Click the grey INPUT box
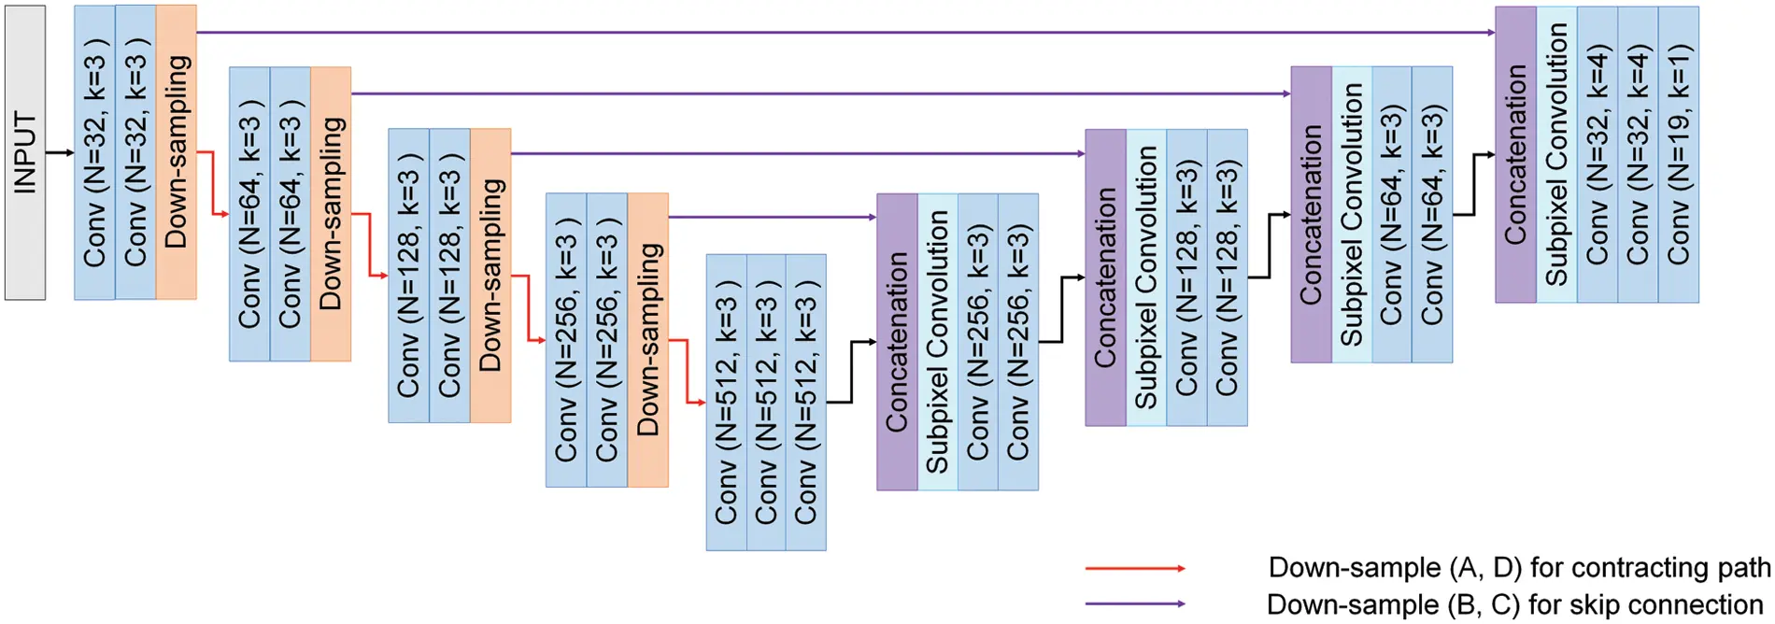[25, 152]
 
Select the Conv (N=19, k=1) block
[1678, 154]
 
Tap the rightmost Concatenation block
[1515, 154]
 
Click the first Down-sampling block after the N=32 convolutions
[177, 152]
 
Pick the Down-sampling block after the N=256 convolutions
[648, 340]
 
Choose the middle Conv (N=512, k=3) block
[766, 402]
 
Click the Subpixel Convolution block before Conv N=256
[937, 342]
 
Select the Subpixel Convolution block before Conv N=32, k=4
[1556, 154]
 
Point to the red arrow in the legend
[1135, 568]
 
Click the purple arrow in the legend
[1135, 603]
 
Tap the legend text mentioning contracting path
[1518, 568]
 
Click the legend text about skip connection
[1513, 604]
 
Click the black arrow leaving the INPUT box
[60, 152]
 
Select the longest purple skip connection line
[841, 33]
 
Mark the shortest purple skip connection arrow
[772, 217]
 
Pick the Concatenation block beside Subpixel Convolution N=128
[1105, 277]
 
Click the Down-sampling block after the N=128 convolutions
[490, 276]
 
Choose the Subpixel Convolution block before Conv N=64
[1352, 214]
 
